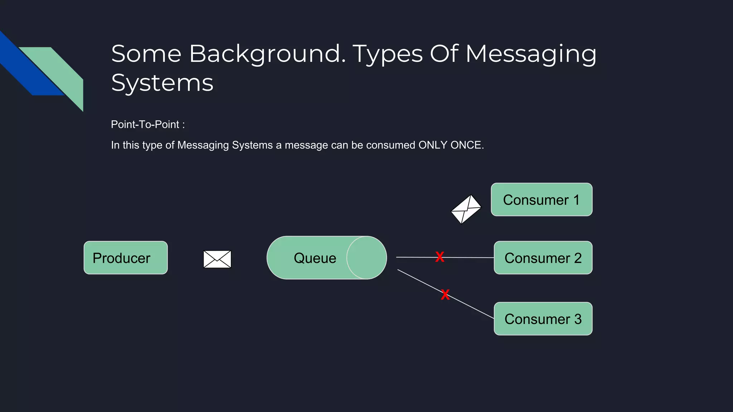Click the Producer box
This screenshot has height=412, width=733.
(125, 258)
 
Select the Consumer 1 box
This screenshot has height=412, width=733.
(541, 200)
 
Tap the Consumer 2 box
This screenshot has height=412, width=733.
(543, 258)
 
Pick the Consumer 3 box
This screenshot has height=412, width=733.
(543, 319)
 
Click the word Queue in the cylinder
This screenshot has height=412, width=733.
(315, 258)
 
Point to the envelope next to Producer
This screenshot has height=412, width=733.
(217, 259)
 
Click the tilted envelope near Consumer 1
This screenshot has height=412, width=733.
(466, 209)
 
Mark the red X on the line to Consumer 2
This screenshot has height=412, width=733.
(440, 257)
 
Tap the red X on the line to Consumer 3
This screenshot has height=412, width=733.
(445, 295)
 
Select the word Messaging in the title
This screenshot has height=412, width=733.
(531, 54)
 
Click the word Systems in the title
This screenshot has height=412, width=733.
(162, 83)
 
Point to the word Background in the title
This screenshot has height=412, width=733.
(267, 54)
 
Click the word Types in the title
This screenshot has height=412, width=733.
(388, 54)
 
